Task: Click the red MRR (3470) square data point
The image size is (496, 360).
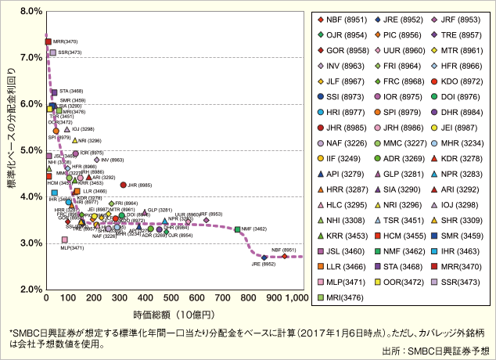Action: click(49, 41)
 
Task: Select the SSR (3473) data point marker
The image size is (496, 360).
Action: click(52, 53)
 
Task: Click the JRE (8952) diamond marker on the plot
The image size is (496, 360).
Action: click(264, 257)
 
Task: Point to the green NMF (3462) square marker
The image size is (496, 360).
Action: click(237, 229)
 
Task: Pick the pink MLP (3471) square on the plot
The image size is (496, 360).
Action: click(65, 239)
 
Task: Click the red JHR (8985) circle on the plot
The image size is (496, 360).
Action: click(123, 185)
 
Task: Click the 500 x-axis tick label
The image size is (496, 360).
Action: click(168, 299)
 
